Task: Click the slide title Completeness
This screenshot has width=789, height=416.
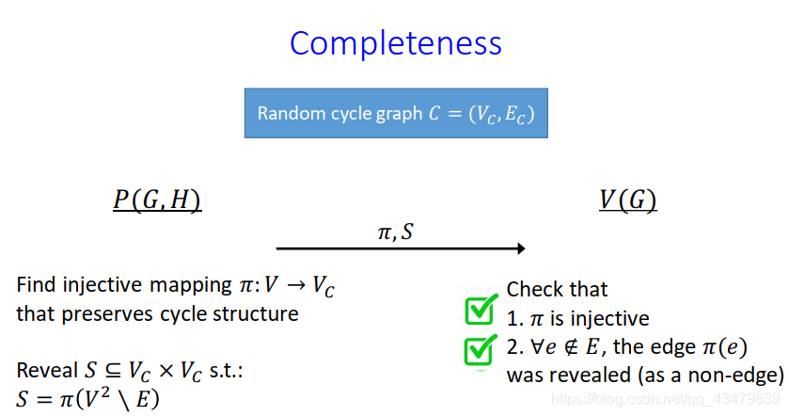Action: pyautogui.click(x=395, y=43)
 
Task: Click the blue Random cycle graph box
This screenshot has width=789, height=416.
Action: pyautogui.click(x=395, y=113)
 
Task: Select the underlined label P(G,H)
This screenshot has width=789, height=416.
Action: pyautogui.click(x=157, y=200)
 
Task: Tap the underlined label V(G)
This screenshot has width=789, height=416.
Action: pyautogui.click(x=627, y=200)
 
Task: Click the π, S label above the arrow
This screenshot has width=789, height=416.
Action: pyautogui.click(x=395, y=232)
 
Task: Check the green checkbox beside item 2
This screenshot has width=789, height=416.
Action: pyautogui.click(x=481, y=348)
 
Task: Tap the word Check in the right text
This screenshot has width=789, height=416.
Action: pyautogui.click(x=532, y=290)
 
